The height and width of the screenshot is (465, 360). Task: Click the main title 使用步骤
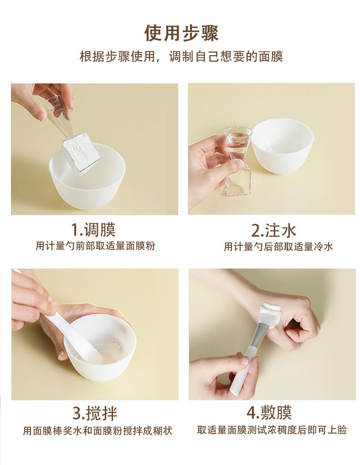pyautogui.click(x=181, y=33)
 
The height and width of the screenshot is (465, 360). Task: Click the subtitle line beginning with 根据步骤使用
pyautogui.click(x=181, y=57)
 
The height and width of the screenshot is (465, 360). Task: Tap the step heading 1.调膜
pyautogui.click(x=93, y=229)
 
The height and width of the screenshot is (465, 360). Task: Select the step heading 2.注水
pyautogui.click(x=273, y=230)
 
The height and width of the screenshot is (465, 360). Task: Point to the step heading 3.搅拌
pyautogui.click(x=95, y=413)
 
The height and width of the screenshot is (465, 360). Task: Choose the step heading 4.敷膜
pyautogui.click(x=269, y=413)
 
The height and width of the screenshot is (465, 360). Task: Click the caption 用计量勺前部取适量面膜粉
pyautogui.click(x=96, y=246)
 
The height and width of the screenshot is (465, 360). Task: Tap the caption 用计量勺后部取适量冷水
pyautogui.click(x=278, y=247)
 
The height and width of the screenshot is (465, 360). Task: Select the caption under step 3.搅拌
pyautogui.click(x=98, y=431)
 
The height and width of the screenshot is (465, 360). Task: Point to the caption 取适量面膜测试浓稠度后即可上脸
pyautogui.click(x=272, y=430)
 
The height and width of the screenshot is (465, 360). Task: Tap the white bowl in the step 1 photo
pyautogui.click(x=87, y=177)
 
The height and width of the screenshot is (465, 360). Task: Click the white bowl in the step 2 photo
pyautogui.click(x=283, y=146)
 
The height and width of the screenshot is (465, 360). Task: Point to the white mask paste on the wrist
pyautogui.click(x=270, y=314)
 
